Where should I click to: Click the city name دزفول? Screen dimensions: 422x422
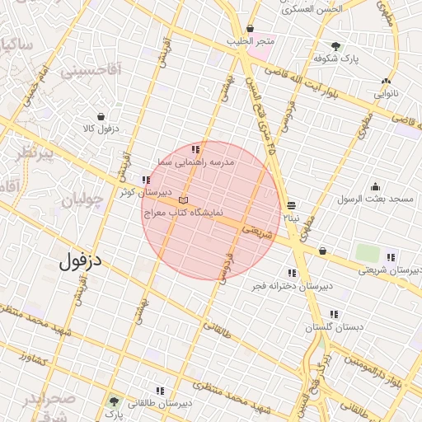pyautogui.click(x=82, y=261)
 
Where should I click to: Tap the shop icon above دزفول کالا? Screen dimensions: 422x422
pyautogui.click(x=101, y=116)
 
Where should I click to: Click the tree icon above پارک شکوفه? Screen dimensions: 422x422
pyautogui.click(x=335, y=46)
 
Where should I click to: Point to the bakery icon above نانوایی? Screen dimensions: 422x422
pyautogui.click(x=386, y=81)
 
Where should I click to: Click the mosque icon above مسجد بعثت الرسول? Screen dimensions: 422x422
pyautogui.click(x=376, y=186)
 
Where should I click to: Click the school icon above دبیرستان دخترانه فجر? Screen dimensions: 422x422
pyautogui.click(x=292, y=273)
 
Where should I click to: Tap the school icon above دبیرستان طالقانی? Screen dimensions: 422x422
pyautogui.click(x=160, y=391)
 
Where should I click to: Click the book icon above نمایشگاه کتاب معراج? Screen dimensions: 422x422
pyautogui.click(x=183, y=200)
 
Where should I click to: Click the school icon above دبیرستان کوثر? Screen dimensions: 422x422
pyautogui.click(x=146, y=180)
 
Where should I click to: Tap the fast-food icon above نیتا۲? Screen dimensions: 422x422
pyautogui.click(x=291, y=205)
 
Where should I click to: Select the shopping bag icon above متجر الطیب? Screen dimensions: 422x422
pyautogui.click(x=250, y=29)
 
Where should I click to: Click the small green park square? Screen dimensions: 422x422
pyautogui.click(x=368, y=253)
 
